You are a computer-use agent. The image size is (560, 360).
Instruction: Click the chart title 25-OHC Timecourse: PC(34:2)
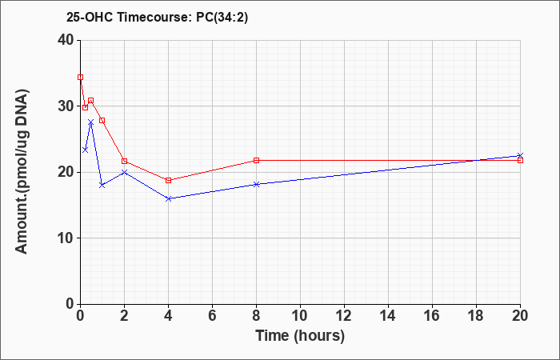157,17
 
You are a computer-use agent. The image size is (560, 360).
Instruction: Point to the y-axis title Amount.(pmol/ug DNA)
22,172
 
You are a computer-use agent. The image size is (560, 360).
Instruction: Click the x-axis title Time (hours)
300,336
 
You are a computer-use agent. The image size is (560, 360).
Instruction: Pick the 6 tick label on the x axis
212,316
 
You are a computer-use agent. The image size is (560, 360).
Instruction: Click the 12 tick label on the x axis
344,316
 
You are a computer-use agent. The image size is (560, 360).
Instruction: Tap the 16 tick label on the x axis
432,316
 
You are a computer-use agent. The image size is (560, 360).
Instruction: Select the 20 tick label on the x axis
520,316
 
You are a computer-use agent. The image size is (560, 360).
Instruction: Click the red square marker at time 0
80,77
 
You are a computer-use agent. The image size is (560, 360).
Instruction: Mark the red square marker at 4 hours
169,180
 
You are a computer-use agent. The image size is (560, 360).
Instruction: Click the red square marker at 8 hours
257,160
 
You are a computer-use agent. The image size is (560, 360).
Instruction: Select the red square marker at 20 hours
520,160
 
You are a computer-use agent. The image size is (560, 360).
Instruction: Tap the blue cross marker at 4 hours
169,198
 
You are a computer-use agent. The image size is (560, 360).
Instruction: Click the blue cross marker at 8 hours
257,184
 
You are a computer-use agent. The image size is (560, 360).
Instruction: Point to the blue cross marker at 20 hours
520,156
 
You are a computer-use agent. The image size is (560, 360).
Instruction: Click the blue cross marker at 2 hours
124,172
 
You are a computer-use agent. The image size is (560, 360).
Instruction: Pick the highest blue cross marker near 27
90,122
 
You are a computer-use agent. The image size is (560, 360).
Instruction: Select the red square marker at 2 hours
124,161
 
